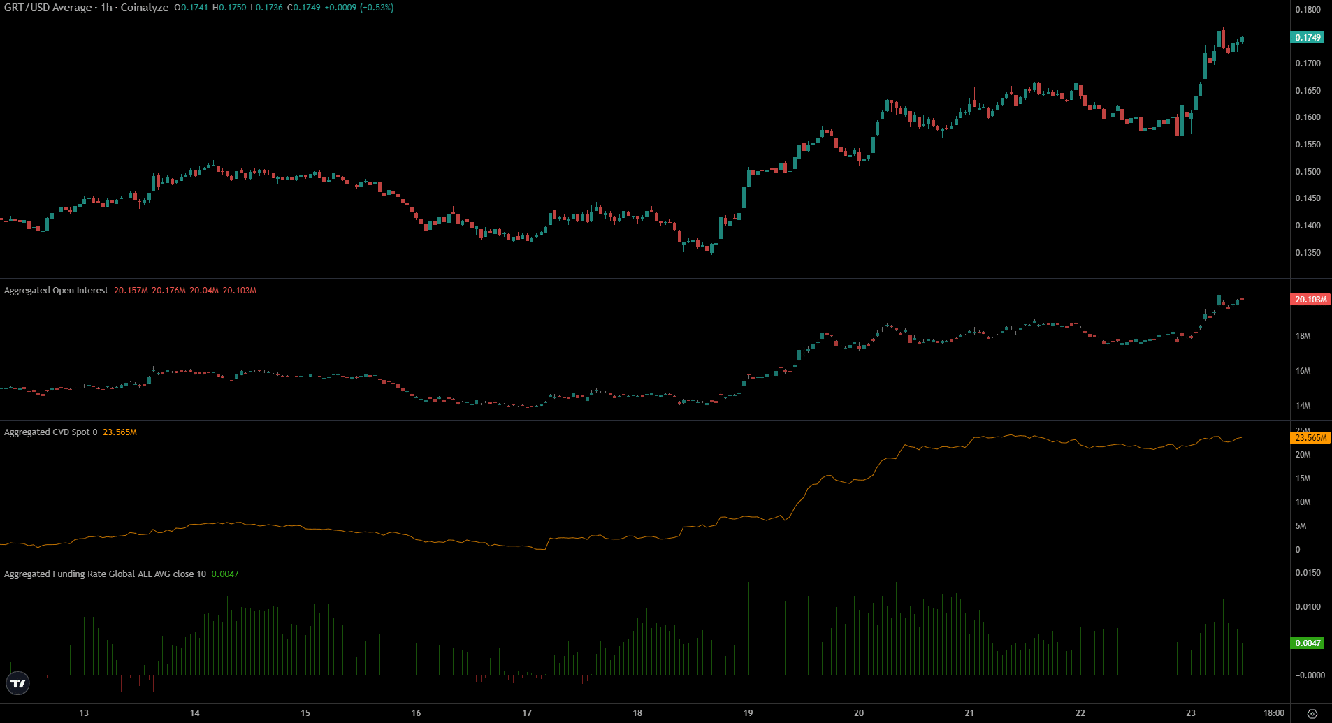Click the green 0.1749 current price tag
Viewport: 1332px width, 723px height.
(1307, 38)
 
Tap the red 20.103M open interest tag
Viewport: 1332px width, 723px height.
(1310, 300)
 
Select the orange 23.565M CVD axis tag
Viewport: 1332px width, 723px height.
(1310, 438)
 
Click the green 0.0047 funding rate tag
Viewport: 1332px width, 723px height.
(1307, 643)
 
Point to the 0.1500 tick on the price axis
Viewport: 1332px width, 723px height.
(1308, 172)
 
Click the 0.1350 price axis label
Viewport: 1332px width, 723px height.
(1308, 253)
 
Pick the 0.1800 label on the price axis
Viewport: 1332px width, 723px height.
(1308, 10)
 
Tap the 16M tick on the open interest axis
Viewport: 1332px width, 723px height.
(1303, 371)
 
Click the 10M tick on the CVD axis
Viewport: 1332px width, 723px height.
(1303, 502)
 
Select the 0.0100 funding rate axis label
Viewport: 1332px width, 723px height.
(1308, 607)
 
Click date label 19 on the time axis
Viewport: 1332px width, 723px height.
(748, 713)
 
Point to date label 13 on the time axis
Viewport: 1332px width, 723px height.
(84, 713)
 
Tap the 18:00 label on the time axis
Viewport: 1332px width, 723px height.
(1273, 713)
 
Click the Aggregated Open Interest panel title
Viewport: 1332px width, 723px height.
(56, 291)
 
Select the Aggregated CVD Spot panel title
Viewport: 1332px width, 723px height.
(47, 432)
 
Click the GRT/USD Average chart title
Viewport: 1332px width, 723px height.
(86, 8)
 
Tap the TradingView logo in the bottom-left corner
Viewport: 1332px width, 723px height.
(17, 683)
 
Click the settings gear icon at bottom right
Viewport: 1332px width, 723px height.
(1312, 713)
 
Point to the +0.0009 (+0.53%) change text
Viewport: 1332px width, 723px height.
(359, 8)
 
